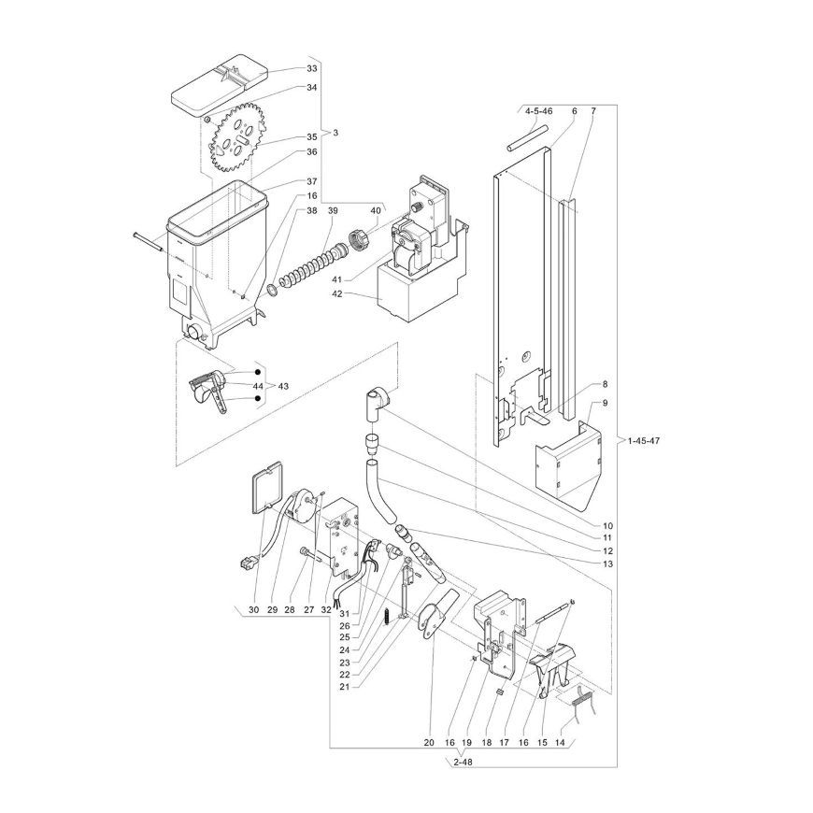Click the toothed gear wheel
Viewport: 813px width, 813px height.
coord(237,138)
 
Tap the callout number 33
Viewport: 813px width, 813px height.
coord(311,68)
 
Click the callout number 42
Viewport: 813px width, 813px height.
coord(337,293)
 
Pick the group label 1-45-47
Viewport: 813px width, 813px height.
coord(644,441)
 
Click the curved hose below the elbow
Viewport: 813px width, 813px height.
coord(381,490)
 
